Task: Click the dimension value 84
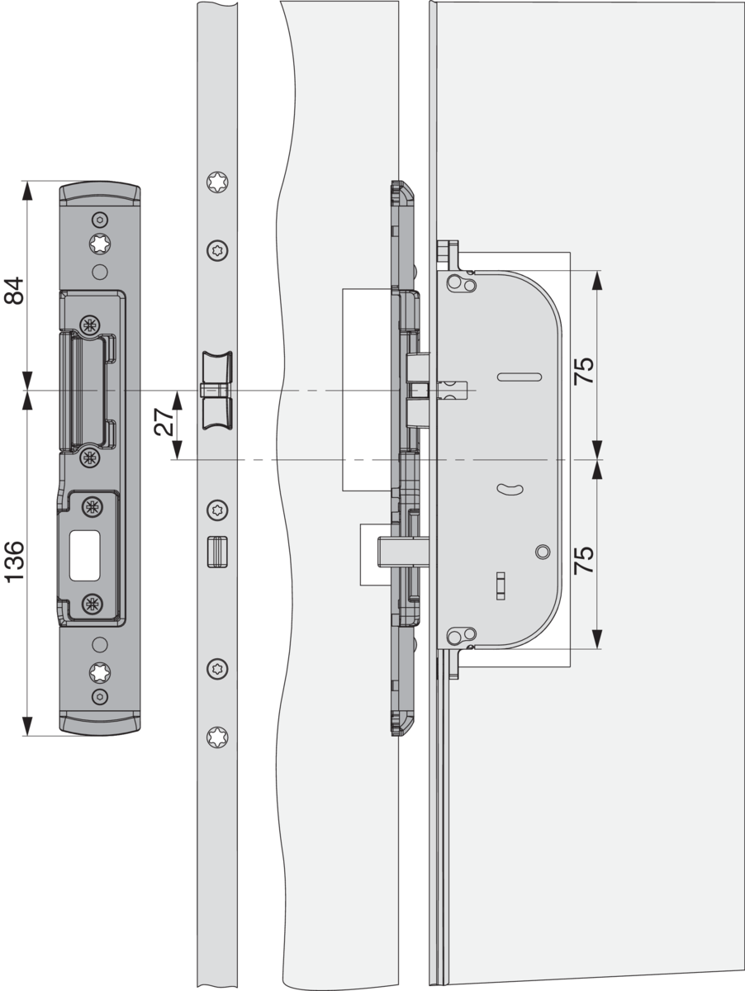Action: click(x=13, y=291)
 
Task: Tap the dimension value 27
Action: click(x=164, y=422)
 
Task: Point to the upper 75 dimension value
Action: click(x=584, y=371)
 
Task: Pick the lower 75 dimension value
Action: click(x=584, y=560)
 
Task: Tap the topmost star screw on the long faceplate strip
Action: click(x=217, y=183)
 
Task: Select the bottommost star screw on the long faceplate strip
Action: click(x=217, y=737)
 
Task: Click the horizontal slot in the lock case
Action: click(x=520, y=377)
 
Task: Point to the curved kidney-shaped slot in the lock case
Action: click(x=510, y=488)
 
